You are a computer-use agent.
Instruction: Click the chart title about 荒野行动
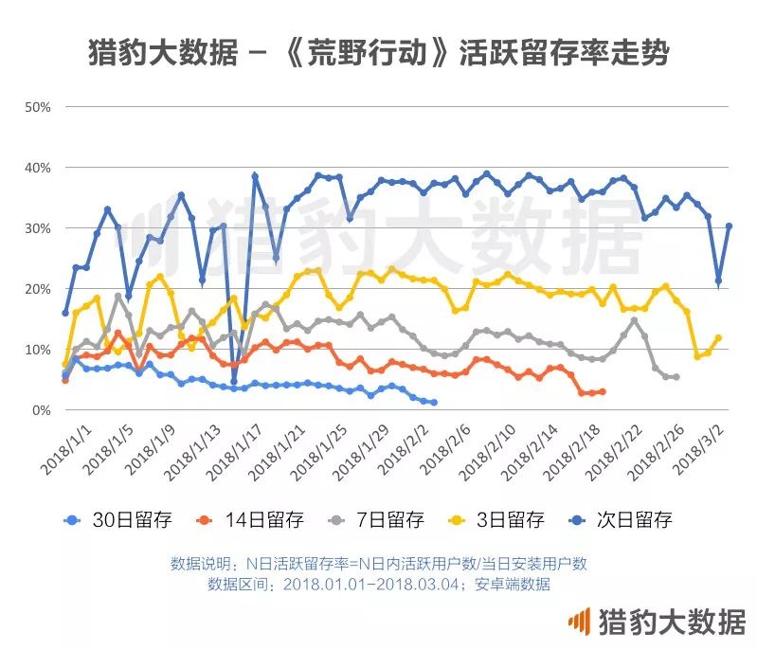coord(379,53)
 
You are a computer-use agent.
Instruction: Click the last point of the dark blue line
coord(729,226)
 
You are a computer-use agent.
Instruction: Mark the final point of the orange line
coord(602,391)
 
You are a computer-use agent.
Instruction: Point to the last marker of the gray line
coord(676,377)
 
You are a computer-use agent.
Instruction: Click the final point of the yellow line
coord(718,337)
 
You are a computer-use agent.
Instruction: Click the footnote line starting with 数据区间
coord(378,584)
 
